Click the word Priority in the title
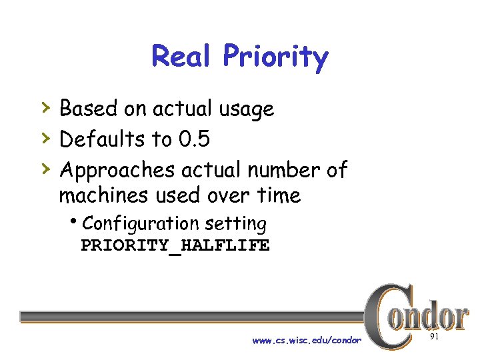point(275,58)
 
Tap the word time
point(279,196)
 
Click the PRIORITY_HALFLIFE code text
point(175,246)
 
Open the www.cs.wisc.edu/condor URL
point(307,341)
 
